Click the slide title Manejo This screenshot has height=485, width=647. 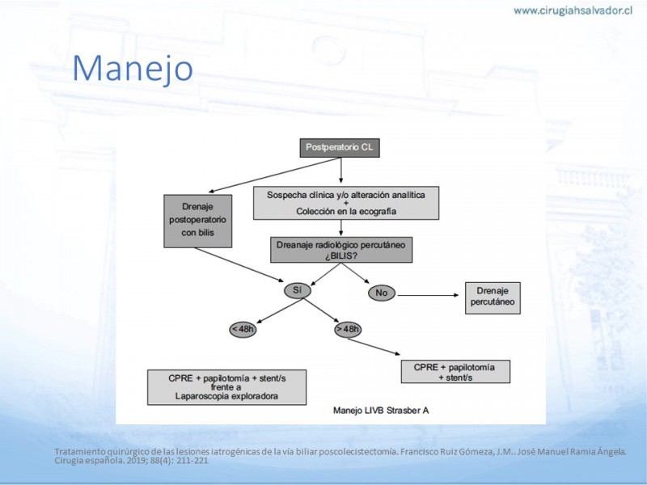click(x=133, y=69)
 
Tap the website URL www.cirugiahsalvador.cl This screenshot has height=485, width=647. click(x=573, y=11)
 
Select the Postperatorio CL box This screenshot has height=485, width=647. click(x=340, y=148)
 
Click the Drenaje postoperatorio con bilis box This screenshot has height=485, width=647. click(x=197, y=221)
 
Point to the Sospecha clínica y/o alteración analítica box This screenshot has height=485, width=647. click(x=346, y=203)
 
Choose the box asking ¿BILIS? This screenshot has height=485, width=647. click(x=340, y=250)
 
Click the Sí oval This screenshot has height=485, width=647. click(x=298, y=290)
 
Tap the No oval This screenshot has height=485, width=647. click(x=382, y=293)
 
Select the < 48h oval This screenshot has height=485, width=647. click(x=243, y=330)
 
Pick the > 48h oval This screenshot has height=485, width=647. click(x=348, y=329)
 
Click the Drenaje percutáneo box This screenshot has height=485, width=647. click(x=493, y=297)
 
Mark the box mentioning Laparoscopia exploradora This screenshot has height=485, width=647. click(x=226, y=387)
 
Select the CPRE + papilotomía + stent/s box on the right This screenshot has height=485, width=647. click(x=455, y=372)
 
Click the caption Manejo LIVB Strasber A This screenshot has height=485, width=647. click(x=381, y=411)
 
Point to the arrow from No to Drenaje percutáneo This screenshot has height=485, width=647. click(x=428, y=295)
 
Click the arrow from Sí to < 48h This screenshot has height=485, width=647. click(x=280, y=311)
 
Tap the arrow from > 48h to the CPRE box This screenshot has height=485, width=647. click(x=374, y=347)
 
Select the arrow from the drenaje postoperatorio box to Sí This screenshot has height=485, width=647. click(x=239, y=265)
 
